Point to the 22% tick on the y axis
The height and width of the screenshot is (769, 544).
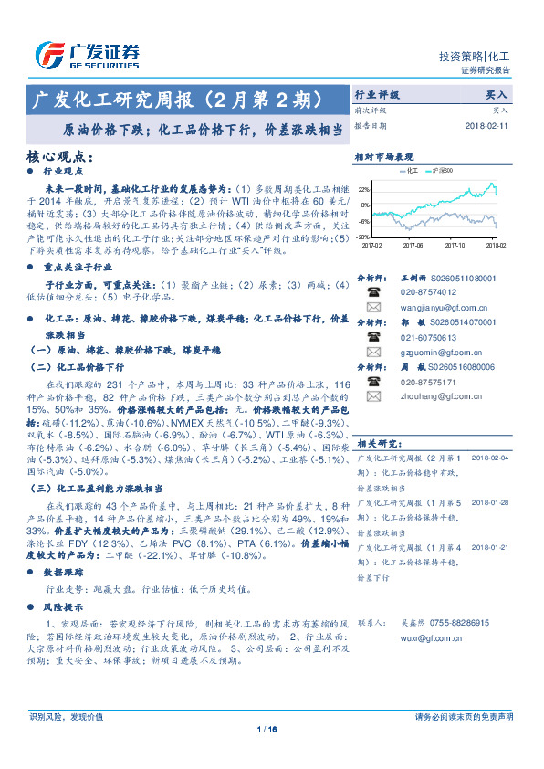click(365, 189)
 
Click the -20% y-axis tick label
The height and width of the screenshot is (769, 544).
click(364, 237)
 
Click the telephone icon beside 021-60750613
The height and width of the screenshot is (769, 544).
click(372, 338)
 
